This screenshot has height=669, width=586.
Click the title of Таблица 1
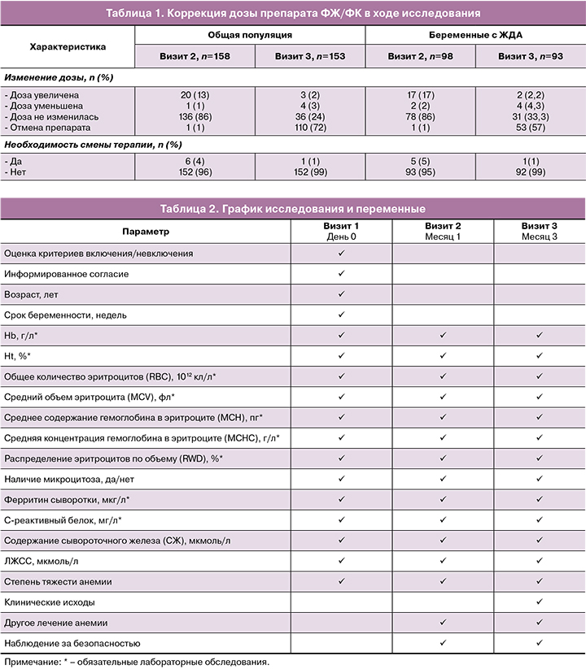pos(293,13)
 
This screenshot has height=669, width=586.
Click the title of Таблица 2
pos(293,208)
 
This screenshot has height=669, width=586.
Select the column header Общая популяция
pos(249,37)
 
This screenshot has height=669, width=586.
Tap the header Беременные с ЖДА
pos(475,37)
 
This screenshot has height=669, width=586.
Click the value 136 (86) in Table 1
pos(195,116)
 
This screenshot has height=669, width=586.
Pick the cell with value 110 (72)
pos(310,128)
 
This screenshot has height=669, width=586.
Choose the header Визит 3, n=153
pos(310,57)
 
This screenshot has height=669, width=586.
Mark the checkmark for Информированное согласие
pos(342,274)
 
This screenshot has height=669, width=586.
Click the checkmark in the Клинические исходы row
pos(540,602)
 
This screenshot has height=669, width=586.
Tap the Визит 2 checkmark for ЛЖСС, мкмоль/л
pos(444,561)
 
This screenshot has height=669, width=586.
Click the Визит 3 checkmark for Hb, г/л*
pos(540,335)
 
